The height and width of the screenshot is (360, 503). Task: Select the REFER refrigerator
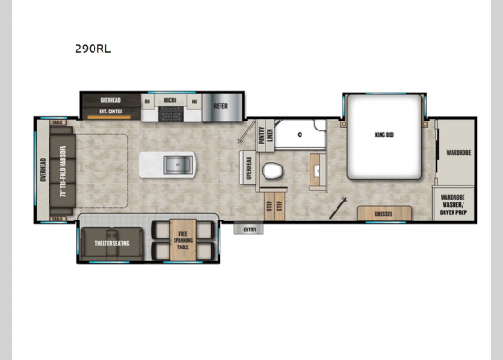221,106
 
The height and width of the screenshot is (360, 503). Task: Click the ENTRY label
250,229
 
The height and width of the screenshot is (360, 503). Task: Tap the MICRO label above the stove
169,101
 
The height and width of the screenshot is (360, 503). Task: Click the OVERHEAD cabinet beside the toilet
249,168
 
